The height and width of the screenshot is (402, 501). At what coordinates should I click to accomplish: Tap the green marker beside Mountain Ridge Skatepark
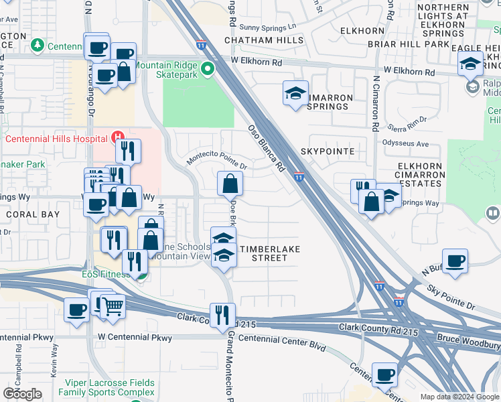208,68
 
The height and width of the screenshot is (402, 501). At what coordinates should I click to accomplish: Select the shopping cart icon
113,306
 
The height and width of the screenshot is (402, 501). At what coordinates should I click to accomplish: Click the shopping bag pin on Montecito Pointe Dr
230,183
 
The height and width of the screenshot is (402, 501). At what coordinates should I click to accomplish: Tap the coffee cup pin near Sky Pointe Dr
455,261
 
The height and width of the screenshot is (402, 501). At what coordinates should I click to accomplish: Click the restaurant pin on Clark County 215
222,315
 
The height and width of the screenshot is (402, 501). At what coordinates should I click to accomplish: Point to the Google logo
22,394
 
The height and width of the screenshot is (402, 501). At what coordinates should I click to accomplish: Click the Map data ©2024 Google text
459,397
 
